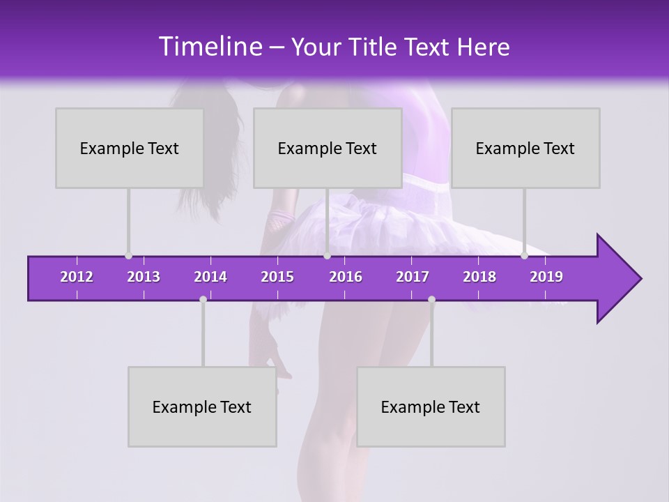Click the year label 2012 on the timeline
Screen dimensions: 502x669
click(77, 277)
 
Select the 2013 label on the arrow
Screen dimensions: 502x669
click(144, 277)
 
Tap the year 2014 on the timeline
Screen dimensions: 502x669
click(210, 277)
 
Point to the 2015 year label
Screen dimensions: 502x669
click(277, 277)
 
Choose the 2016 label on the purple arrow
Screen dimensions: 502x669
click(346, 277)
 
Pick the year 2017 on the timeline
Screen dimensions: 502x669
click(413, 277)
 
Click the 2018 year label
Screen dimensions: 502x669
click(479, 277)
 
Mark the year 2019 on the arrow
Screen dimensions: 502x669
click(546, 277)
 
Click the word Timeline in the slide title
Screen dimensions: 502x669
click(209, 47)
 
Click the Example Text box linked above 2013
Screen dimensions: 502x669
click(130, 148)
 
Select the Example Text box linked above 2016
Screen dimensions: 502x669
click(328, 148)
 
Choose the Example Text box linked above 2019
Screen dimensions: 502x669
click(525, 148)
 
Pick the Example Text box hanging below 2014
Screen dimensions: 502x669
click(202, 406)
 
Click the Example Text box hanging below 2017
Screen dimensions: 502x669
click(431, 406)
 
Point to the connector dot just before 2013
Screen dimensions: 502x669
click(128, 256)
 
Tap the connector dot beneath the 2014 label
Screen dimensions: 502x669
click(203, 299)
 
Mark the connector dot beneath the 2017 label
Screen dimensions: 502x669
click(431, 299)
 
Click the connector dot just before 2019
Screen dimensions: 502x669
click(524, 256)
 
